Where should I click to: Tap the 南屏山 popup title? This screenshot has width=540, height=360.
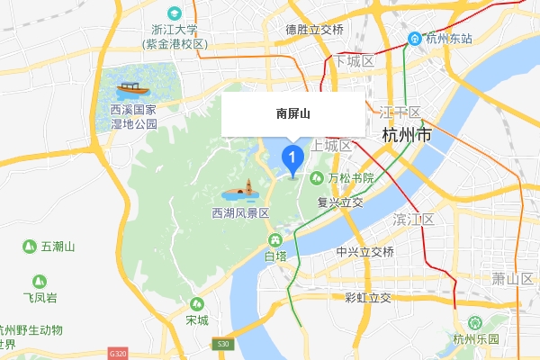tap(292, 113)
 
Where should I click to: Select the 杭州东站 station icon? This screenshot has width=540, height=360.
tap(415, 39)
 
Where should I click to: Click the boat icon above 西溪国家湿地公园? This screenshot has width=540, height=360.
tap(131, 89)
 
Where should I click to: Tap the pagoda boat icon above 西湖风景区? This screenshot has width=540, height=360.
tap(240, 191)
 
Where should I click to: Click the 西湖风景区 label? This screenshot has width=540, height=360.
tap(240, 213)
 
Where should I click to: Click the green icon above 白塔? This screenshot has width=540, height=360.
tap(274, 240)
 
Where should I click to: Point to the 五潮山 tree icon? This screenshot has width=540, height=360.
tap(31, 246)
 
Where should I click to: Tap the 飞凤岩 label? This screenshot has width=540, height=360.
tap(40, 297)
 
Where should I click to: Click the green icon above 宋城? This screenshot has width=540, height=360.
tap(196, 304)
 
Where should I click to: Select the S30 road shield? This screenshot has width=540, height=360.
tap(223, 344)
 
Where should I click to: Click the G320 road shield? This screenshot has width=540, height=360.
tap(118, 353)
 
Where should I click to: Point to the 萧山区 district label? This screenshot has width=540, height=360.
tap(513, 278)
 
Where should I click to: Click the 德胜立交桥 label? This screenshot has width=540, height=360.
tap(315, 30)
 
